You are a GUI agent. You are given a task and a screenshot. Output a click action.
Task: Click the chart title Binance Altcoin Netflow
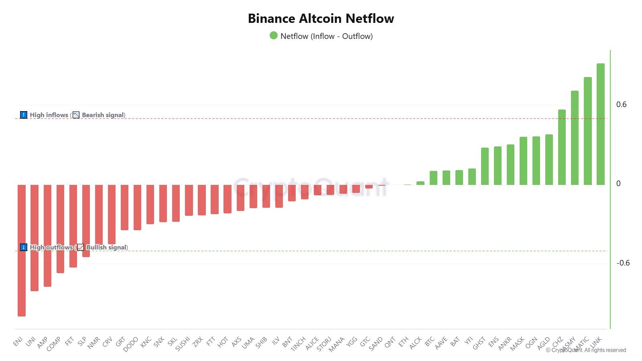click(321, 18)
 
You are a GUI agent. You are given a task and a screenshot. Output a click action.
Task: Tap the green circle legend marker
click(274, 36)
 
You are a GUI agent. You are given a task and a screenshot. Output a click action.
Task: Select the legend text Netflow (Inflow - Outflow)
click(327, 36)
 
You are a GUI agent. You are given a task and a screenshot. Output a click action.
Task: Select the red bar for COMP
click(60, 229)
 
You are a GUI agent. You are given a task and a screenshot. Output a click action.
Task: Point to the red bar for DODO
click(137, 207)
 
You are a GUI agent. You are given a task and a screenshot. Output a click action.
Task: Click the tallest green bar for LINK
click(600, 124)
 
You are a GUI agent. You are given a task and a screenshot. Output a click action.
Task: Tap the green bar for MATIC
click(587, 131)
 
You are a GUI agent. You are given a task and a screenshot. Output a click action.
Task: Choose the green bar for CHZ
click(562, 147)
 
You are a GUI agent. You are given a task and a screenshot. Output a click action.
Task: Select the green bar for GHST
click(485, 166)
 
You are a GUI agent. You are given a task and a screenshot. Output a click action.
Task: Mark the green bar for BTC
click(433, 178)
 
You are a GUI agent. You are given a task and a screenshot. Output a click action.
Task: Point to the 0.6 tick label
click(621, 105)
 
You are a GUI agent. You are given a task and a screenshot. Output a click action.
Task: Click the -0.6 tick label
click(623, 263)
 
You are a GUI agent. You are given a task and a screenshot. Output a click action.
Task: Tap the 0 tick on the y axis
click(618, 184)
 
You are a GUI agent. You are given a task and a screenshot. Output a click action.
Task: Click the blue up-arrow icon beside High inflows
click(24, 115)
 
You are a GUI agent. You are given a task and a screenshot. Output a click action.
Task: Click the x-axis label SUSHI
click(183, 344)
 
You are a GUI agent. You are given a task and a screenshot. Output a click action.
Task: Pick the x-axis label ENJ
click(18, 341)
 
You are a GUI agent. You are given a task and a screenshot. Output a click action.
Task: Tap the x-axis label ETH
click(403, 342)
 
